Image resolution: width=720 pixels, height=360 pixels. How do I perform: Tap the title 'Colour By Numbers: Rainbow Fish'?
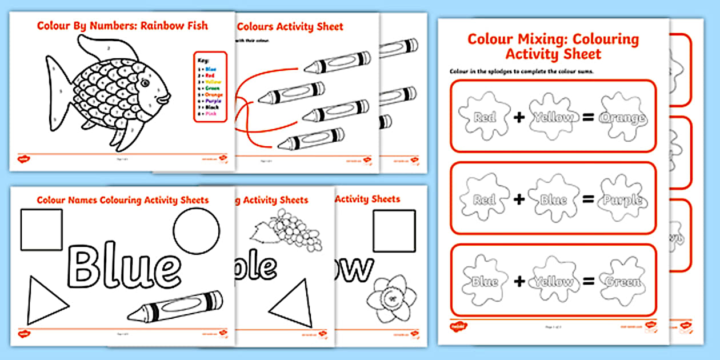click(122, 26)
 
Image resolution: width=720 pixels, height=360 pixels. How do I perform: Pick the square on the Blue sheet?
click(42, 230)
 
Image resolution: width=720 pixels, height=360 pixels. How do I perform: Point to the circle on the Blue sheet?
click(196, 230)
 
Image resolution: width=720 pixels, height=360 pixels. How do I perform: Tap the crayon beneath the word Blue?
click(175, 305)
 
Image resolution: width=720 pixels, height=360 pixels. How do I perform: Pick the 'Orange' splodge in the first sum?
click(622, 118)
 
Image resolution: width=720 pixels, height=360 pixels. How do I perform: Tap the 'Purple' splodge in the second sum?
click(622, 200)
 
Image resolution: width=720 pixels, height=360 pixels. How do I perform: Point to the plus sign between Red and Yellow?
click(518, 118)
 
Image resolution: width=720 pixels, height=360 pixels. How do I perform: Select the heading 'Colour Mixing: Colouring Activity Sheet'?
click(553, 46)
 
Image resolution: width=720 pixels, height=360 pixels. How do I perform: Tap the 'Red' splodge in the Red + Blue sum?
click(485, 199)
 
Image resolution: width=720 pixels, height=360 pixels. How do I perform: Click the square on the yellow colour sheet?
click(394, 231)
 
